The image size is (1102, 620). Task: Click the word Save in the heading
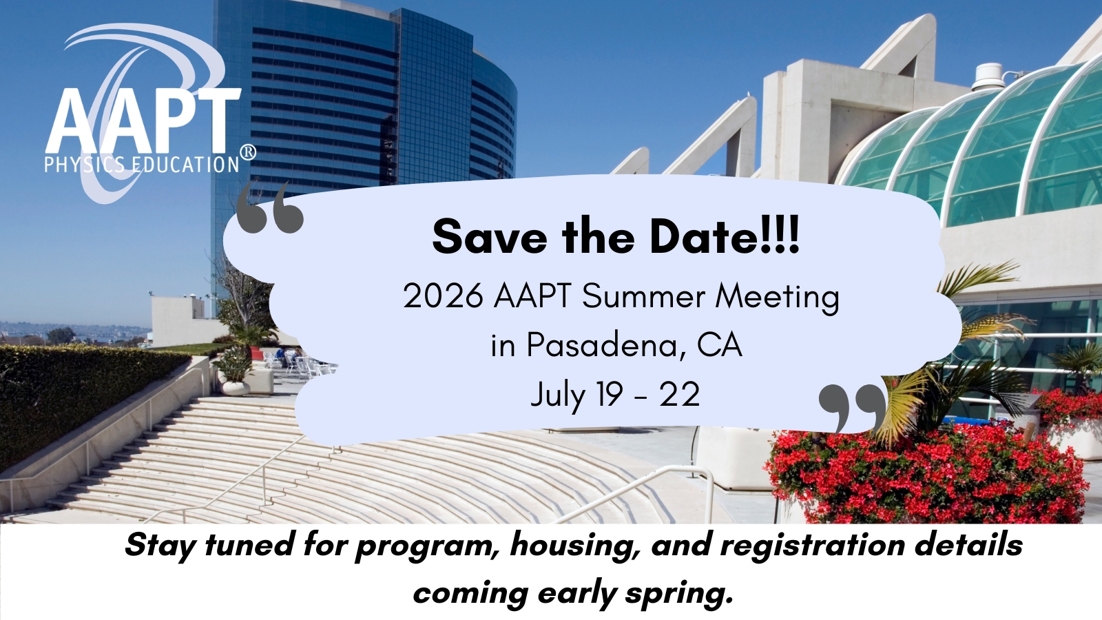tap(490, 237)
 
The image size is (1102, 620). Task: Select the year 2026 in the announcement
tap(443, 296)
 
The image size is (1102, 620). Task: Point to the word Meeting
tap(777, 298)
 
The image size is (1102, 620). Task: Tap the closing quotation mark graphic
tap(851, 409)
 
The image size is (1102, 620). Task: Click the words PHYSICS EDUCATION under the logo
tap(142, 165)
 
